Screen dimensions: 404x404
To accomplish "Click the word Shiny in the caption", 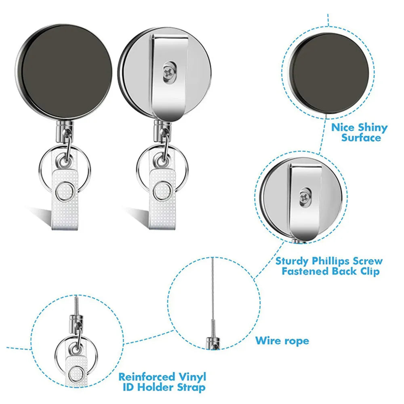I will point(371,128).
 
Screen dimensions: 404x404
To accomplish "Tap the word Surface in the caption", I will point(361,138).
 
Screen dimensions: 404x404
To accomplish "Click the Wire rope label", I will point(282,341).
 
